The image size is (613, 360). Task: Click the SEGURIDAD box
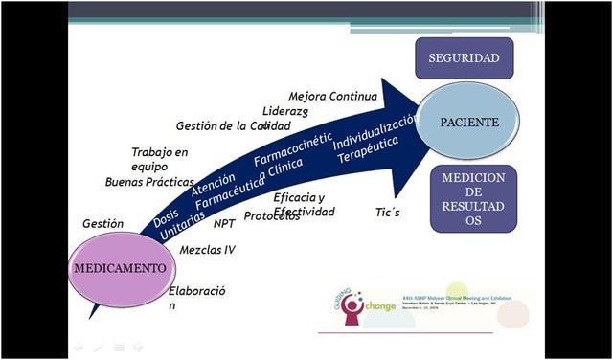[465, 58]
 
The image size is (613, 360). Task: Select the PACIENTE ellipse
[468, 124]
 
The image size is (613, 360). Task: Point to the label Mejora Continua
[331, 97]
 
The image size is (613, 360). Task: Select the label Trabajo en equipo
[160, 159]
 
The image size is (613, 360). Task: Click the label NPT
[225, 223]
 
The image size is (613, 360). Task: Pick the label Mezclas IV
[208, 250]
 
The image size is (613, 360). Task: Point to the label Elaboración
[196, 298]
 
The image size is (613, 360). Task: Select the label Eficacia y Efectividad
[304, 205]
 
